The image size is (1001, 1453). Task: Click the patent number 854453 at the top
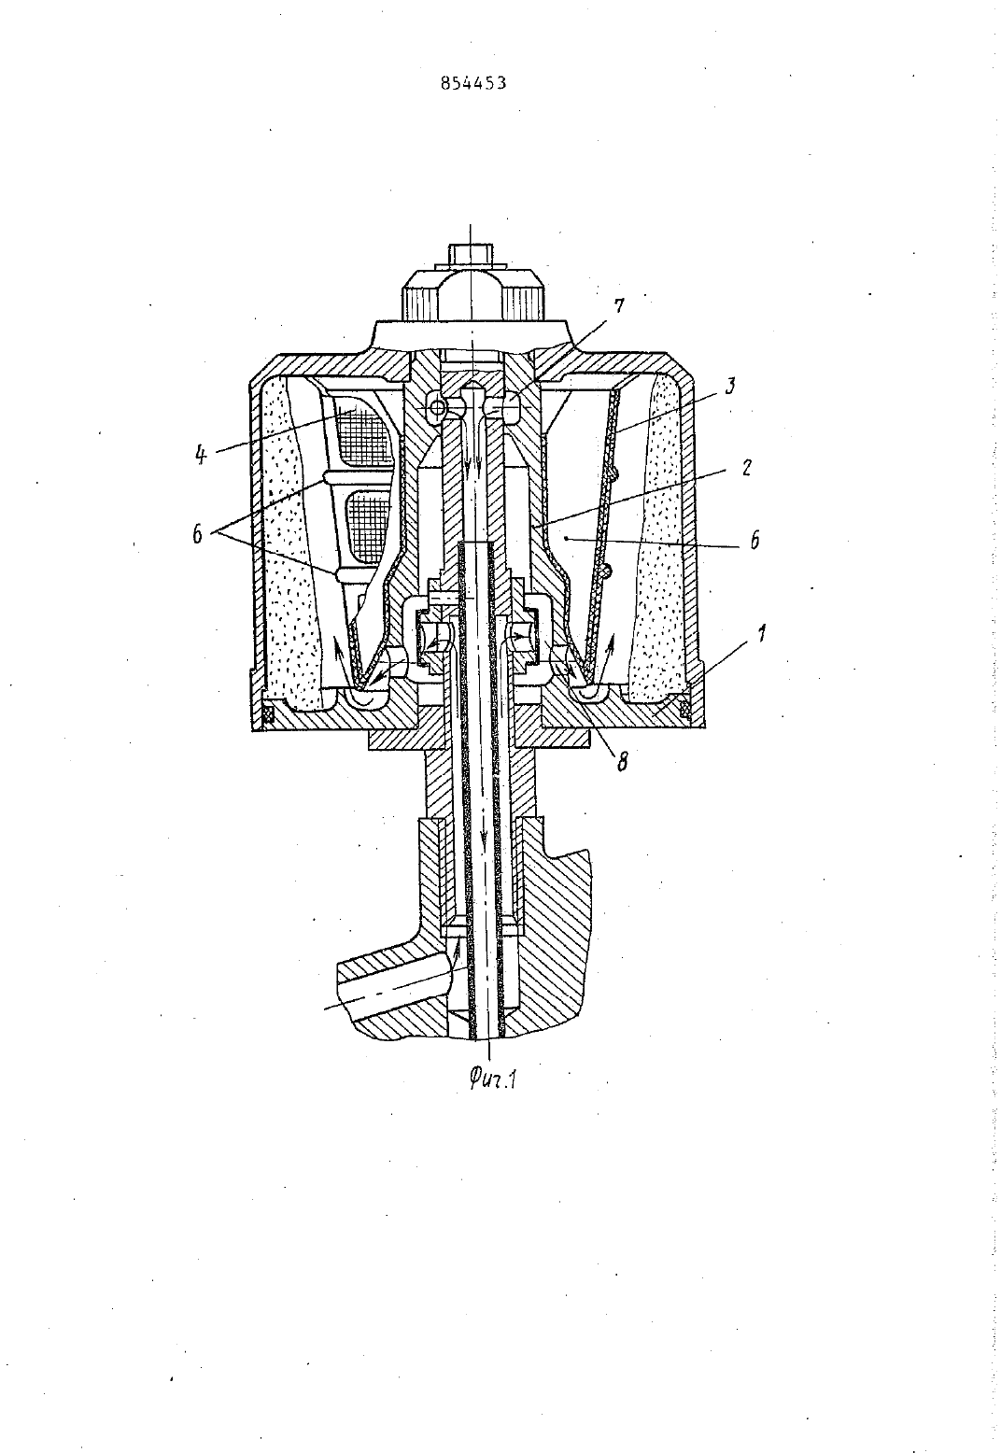pyautogui.click(x=472, y=83)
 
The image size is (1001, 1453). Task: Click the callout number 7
pyautogui.click(x=619, y=304)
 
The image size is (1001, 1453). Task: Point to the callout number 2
pyautogui.click(x=746, y=468)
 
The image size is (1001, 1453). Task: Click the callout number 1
pyautogui.click(x=761, y=633)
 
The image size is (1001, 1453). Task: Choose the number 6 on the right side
pyautogui.click(x=754, y=540)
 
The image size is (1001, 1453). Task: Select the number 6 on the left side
pyautogui.click(x=198, y=534)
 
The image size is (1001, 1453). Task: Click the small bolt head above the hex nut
pyautogui.click(x=471, y=254)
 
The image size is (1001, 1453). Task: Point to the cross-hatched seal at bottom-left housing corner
pyautogui.click(x=268, y=714)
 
